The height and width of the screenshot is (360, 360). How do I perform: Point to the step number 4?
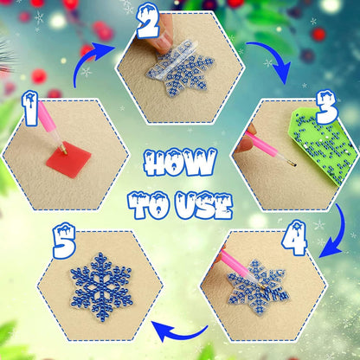coord(294,239)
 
